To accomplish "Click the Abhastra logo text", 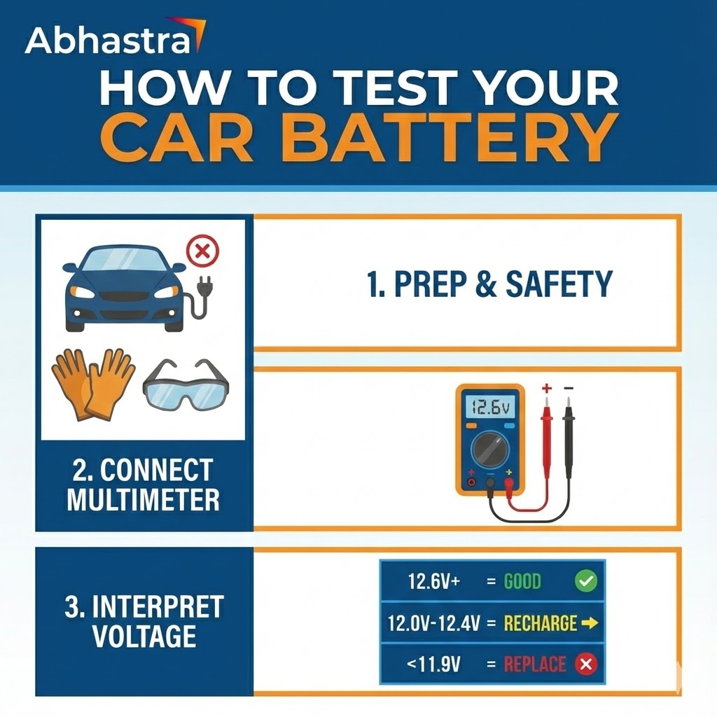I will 107,41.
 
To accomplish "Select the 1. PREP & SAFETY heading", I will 489,284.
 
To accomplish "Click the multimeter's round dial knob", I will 490,450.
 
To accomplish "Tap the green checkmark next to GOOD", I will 585,581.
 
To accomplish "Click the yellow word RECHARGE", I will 540,622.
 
